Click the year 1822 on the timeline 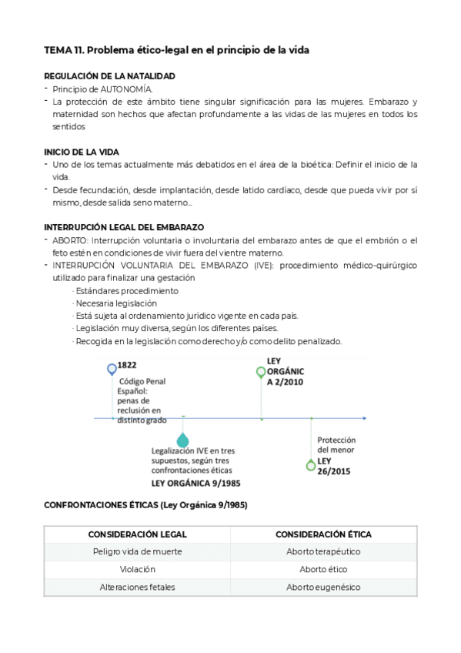tap(127, 366)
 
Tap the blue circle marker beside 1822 tap(112, 369)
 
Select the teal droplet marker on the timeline tap(182, 440)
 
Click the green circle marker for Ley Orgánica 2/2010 tap(261, 373)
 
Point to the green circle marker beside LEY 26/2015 tap(311, 464)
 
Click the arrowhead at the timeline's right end tap(364, 419)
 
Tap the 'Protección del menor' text tap(336, 445)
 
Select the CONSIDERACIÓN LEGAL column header tap(138, 534)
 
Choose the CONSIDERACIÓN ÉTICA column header tap(323, 534)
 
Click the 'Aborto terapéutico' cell tap(323, 551)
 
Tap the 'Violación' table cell tap(138, 569)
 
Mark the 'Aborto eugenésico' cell tap(323, 587)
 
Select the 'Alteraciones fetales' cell tap(138, 587)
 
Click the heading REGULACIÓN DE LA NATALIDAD tap(109, 75)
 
